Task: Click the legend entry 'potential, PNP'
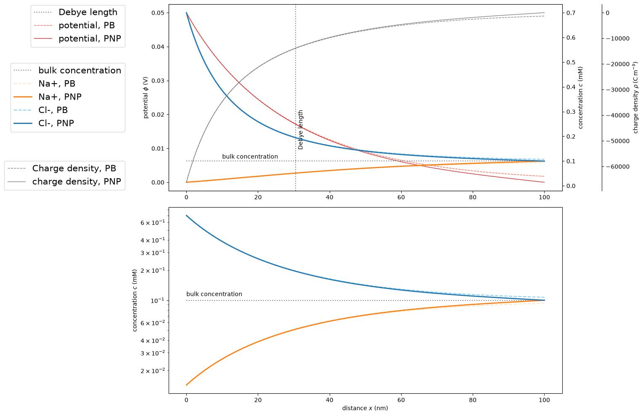click(77, 38)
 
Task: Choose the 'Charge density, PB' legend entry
click(62, 169)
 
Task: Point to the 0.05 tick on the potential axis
click(158, 13)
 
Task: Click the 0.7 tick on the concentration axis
click(571, 13)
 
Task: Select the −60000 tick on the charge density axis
click(617, 167)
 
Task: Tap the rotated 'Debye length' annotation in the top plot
click(301, 130)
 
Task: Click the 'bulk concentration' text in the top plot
click(250, 157)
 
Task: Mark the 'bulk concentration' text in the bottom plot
click(214, 294)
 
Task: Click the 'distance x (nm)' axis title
click(365, 408)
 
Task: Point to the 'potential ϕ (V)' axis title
click(146, 97)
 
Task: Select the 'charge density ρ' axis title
click(635, 97)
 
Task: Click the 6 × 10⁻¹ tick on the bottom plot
click(153, 222)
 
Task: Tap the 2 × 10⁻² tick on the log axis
click(153, 370)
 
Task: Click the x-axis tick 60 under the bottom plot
click(401, 400)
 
